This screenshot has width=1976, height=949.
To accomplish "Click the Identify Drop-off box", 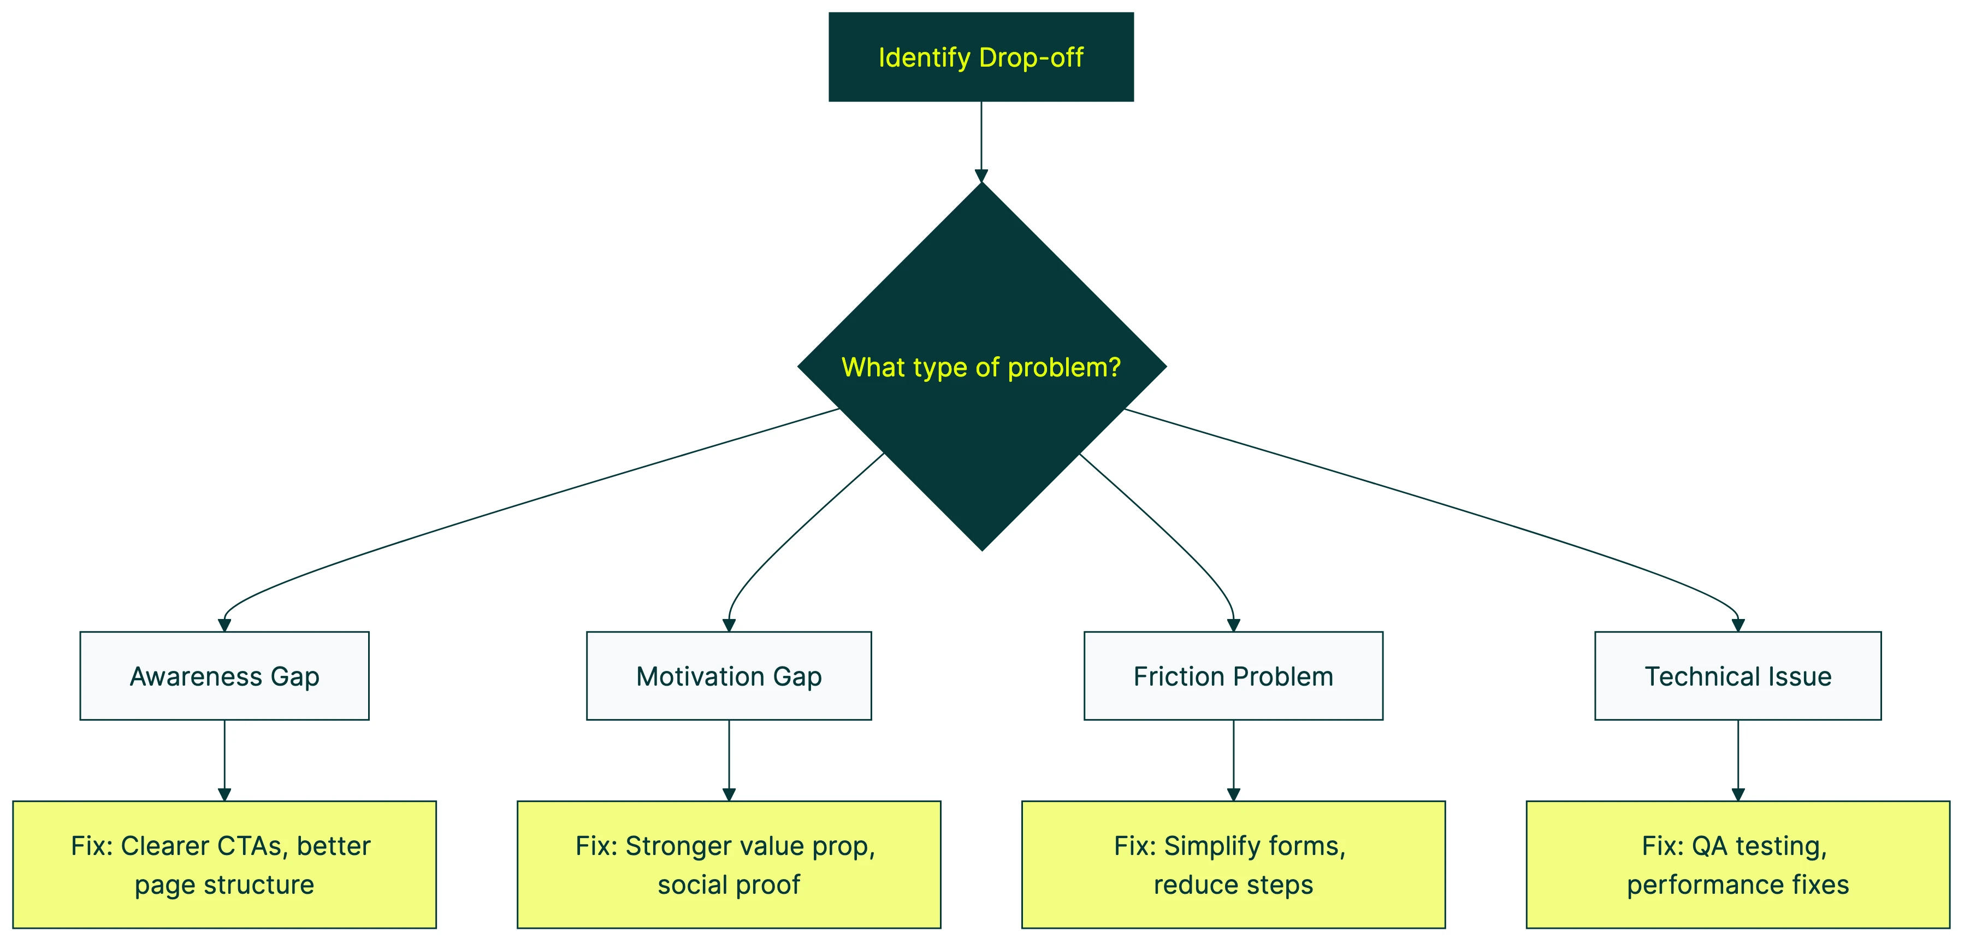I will point(980,57).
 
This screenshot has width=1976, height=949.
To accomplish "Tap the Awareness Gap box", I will point(224,676).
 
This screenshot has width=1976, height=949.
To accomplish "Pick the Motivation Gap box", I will point(729,676).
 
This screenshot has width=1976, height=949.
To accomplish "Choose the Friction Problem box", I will point(1233,676).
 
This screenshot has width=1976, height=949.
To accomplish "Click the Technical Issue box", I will point(1737,676).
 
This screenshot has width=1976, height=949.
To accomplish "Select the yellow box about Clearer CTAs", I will point(224,865).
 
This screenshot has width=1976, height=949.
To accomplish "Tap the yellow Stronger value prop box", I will point(729,865).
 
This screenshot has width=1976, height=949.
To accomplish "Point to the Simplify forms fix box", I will point(1233,865).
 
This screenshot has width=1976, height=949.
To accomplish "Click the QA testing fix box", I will point(1737,865).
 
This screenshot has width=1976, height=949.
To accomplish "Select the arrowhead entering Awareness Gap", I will point(224,625).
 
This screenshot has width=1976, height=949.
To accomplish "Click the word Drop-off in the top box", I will point(1031,57).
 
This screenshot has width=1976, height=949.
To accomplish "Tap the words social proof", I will point(729,885).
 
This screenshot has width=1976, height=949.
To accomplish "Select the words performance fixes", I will point(1737,885).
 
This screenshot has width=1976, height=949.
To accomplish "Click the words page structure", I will point(224,885).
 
